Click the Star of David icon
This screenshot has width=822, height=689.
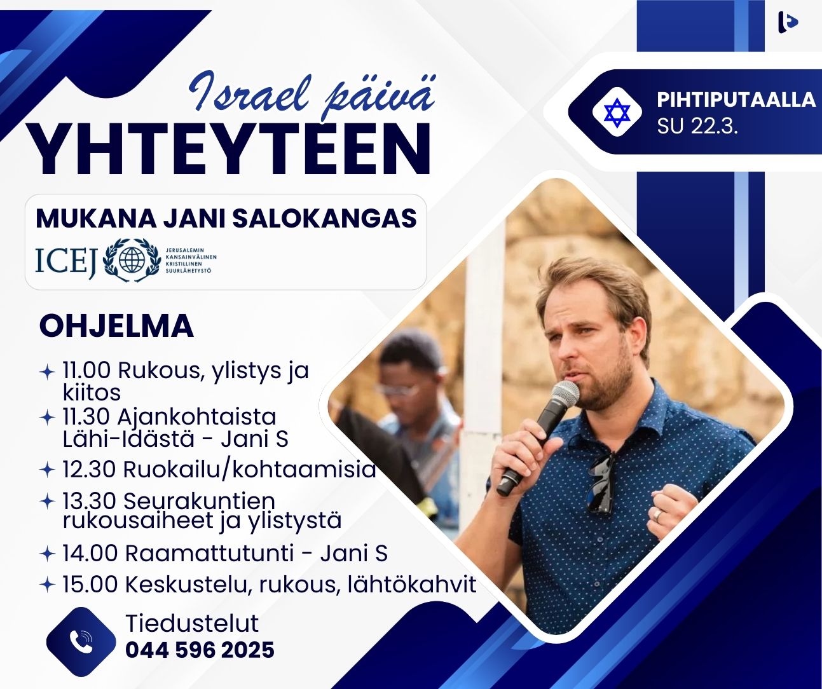617,113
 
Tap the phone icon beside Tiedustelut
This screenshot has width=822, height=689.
81,642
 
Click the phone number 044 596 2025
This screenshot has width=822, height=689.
200,650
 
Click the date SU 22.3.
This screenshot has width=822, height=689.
697,126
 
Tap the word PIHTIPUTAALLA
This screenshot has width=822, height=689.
736,100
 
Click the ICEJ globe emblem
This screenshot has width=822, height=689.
132,260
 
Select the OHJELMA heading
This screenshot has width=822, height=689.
116,326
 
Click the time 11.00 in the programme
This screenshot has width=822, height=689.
86,370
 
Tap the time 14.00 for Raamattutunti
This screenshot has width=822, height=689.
90,553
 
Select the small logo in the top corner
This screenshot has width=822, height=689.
787,22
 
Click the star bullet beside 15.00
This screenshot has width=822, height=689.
47,584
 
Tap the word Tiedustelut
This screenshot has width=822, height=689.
192,624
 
